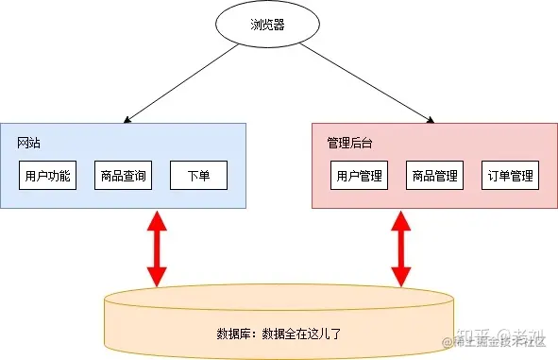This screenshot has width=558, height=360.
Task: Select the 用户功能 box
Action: click(47, 175)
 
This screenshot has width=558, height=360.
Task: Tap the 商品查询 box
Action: click(123, 175)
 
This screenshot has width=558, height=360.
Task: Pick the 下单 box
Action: click(198, 175)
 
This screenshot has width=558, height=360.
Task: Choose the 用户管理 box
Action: click(359, 175)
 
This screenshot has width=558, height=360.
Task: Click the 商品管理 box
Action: click(434, 175)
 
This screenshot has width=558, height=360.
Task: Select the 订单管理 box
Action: click(510, 175)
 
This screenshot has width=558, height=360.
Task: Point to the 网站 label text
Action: click(28, 143)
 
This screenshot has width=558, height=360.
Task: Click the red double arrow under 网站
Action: click(157, 248)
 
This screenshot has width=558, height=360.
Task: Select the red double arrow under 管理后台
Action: click(400, 248)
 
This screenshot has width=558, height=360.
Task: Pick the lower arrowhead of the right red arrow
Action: click(400, 277)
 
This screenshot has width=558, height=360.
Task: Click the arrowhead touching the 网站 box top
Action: click(126, 120)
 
